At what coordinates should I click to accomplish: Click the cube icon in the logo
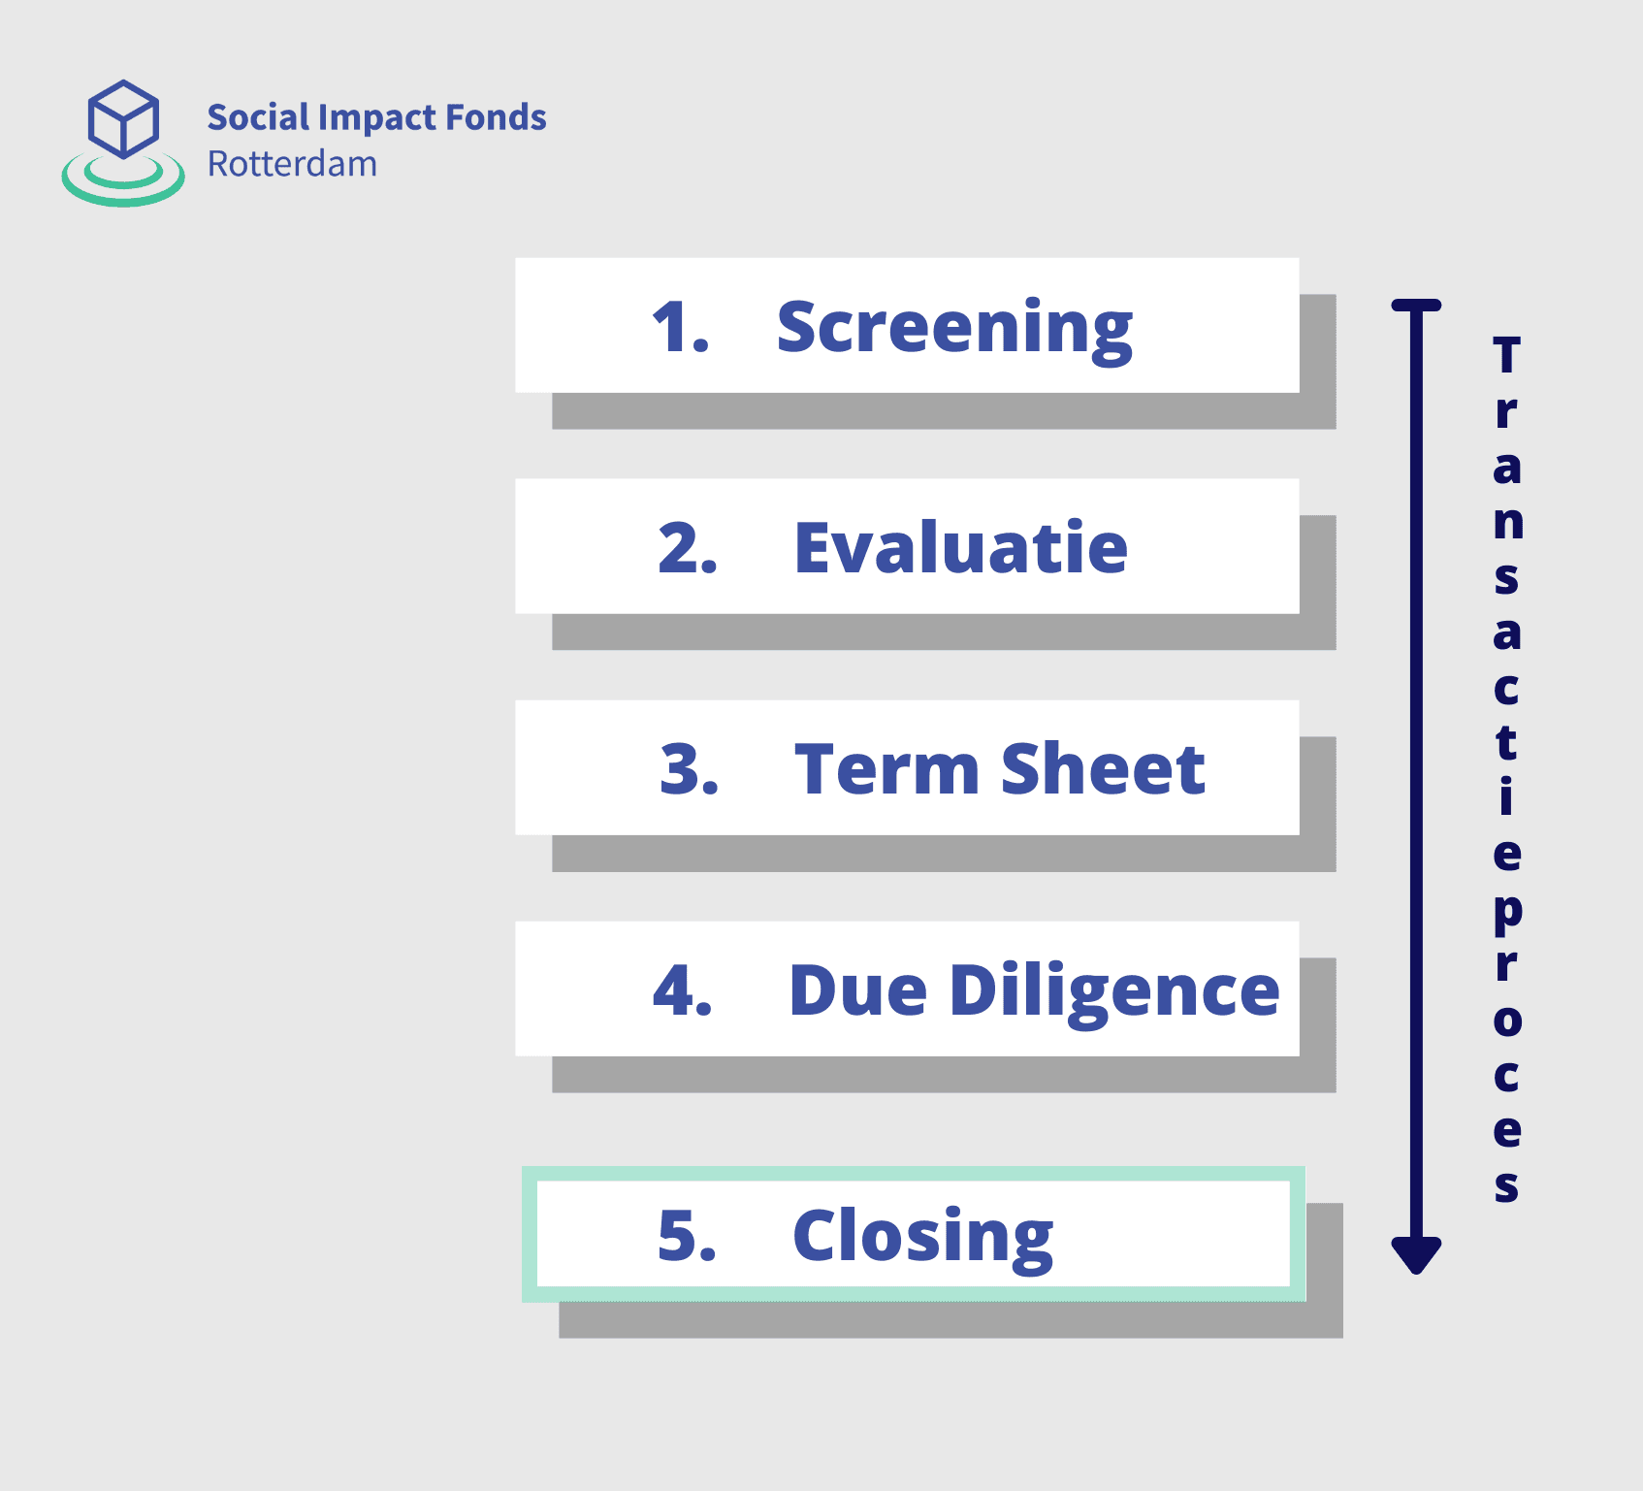[123, 118]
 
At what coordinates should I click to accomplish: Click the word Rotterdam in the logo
[292, 164]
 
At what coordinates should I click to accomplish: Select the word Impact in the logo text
[377, 118]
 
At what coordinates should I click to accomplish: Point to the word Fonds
[496, 117]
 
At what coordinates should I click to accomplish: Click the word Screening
[954, 330]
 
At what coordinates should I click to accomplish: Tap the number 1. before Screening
[681, 327]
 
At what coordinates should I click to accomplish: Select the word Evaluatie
[960, 548]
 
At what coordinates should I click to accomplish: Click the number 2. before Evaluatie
[688, 548]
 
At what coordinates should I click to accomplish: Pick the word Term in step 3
[886, 769]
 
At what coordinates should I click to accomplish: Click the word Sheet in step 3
[1103, 768]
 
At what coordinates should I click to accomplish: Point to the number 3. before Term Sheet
[690, 769]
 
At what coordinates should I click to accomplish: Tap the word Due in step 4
[858, 990]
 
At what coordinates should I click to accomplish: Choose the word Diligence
[1115, 992]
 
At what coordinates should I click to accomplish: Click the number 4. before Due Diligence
[683, 990]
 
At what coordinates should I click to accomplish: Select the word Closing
[922, 1239]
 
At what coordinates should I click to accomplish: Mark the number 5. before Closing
[687, 1236]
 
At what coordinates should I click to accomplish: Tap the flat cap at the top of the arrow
[1416, 305]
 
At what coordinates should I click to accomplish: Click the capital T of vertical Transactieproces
[1506, 355]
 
